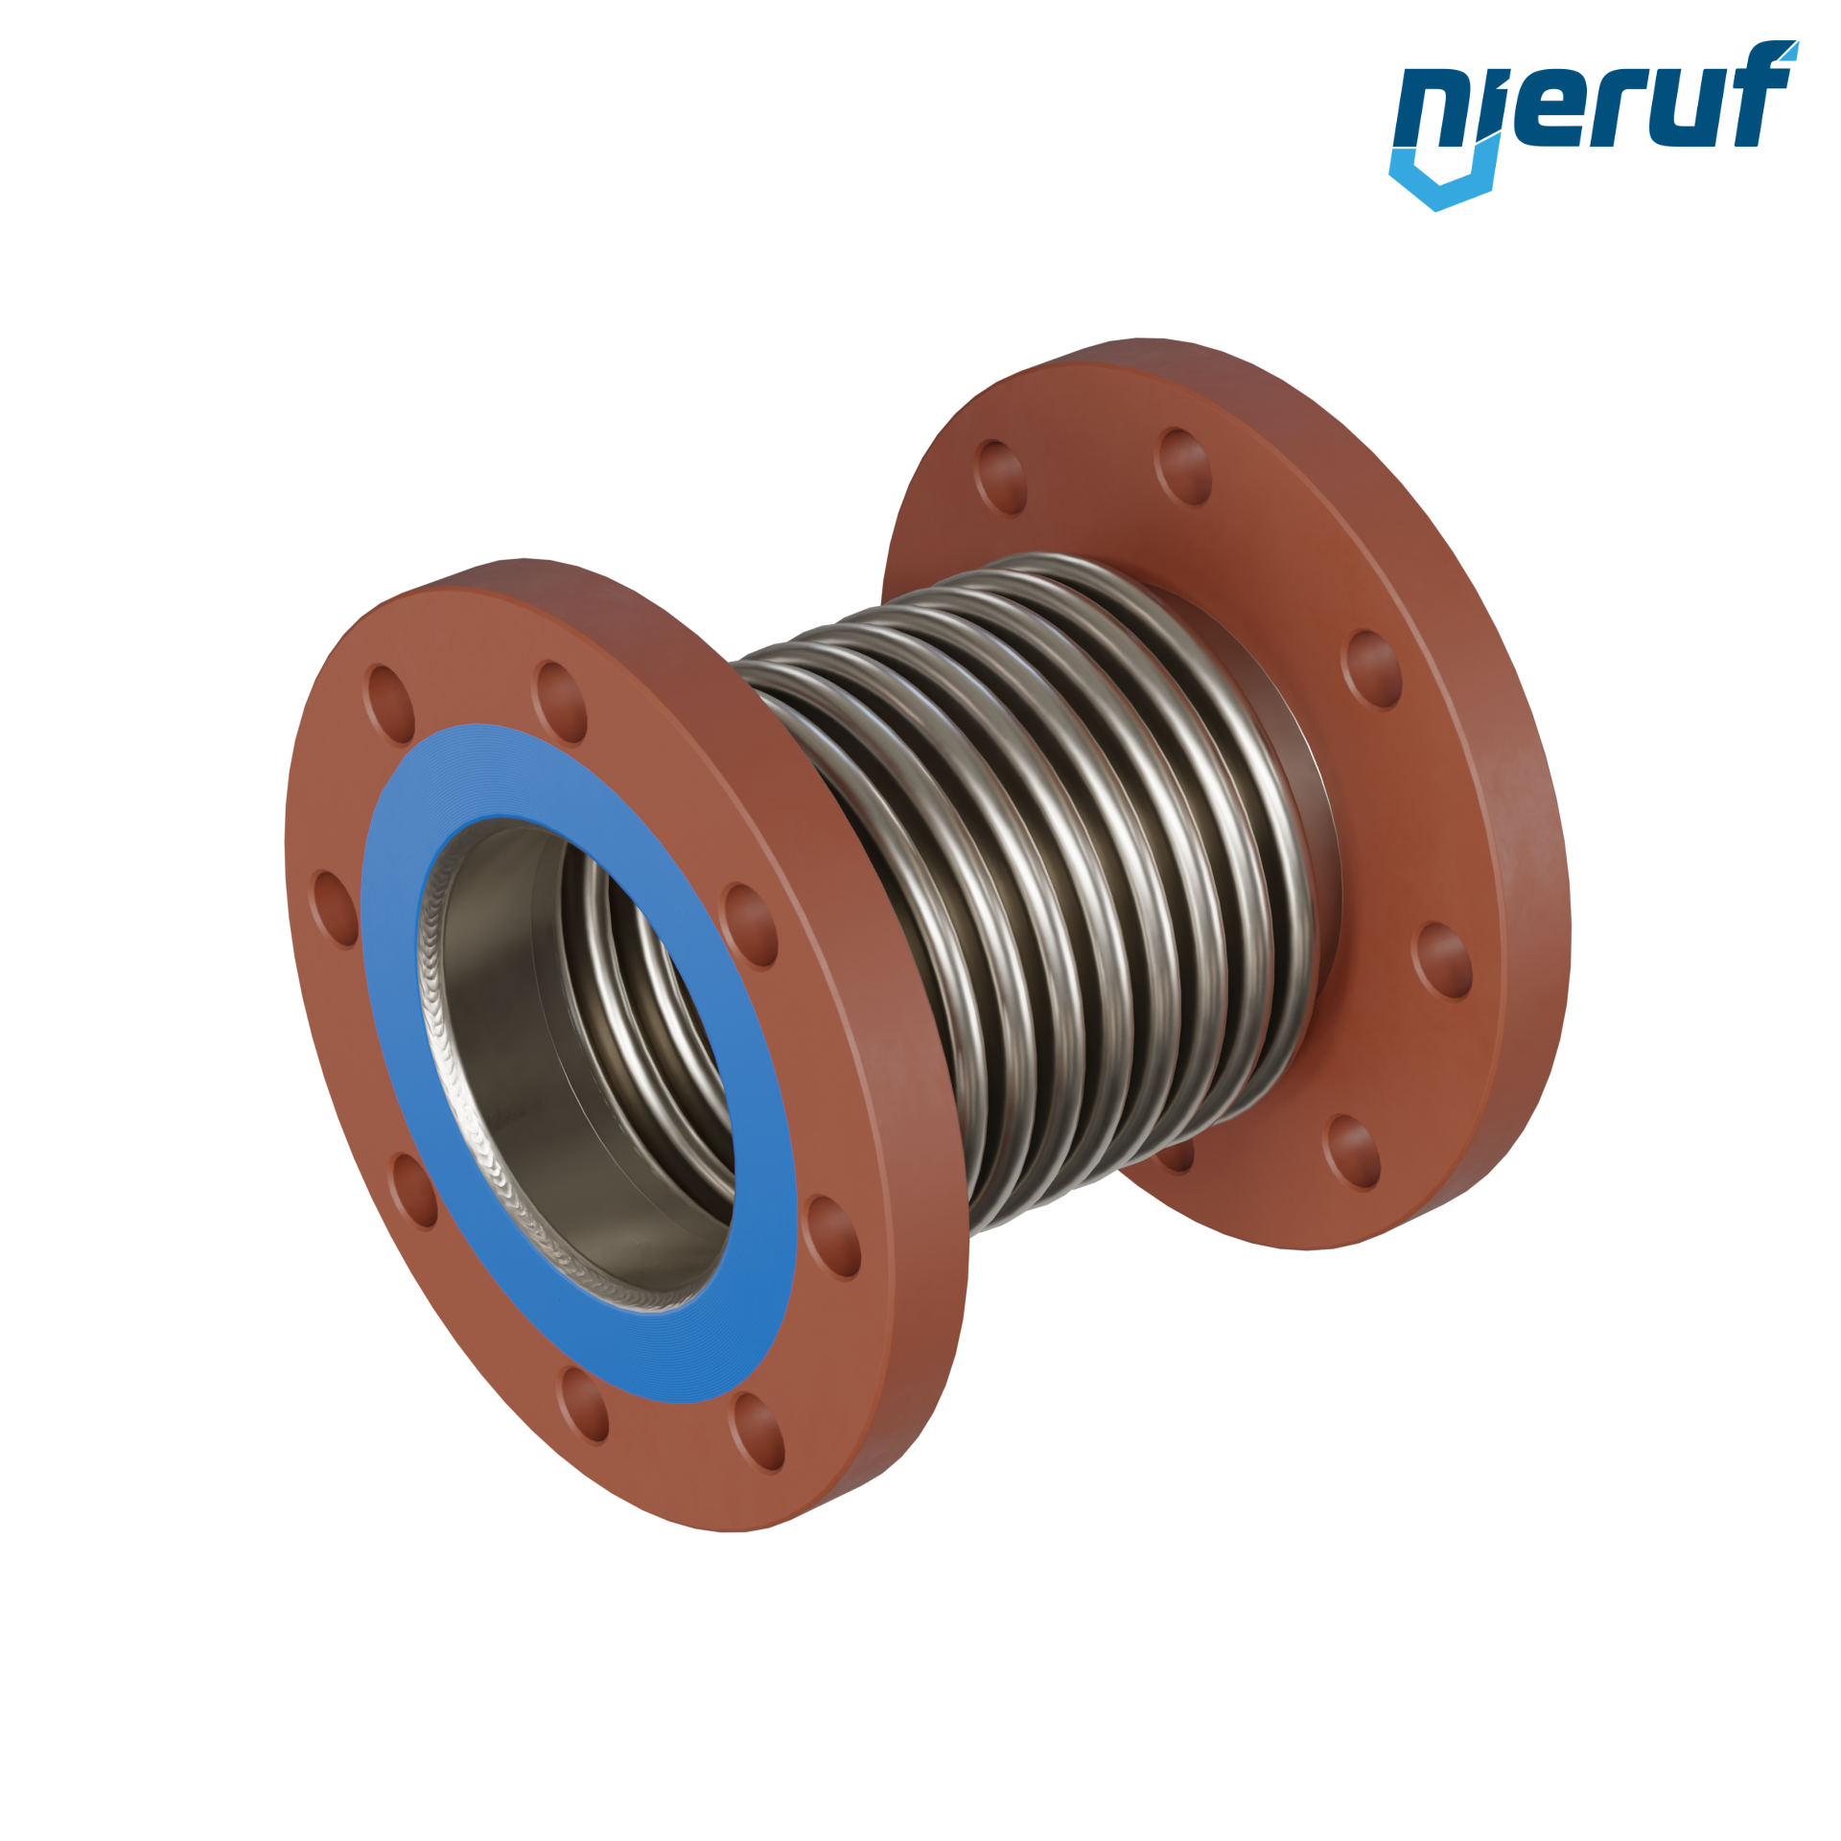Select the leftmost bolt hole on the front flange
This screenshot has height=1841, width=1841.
point(335,909)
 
